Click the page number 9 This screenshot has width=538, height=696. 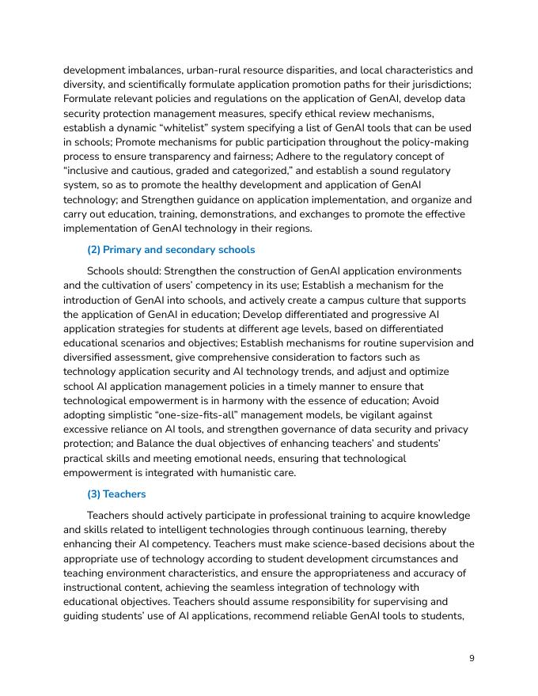472,659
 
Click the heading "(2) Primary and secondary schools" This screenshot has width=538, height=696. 171,250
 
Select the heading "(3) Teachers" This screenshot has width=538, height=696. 116,494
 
